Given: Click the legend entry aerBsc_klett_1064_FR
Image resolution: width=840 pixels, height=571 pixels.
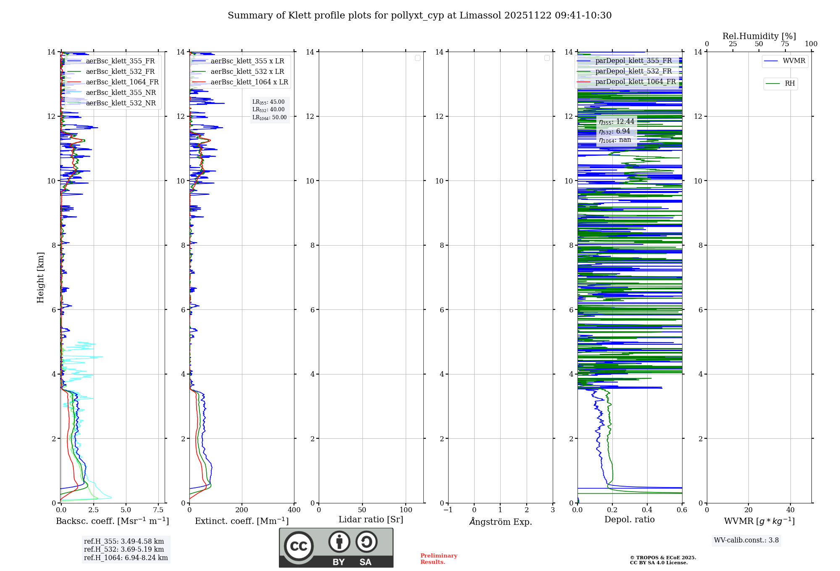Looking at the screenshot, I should pos(122,82).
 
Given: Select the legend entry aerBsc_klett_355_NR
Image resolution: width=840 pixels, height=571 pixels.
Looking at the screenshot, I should pos(121,93).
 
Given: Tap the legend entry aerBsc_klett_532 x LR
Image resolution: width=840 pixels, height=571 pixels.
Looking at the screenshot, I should pos(247,72).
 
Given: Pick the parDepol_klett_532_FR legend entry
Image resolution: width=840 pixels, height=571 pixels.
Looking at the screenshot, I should pos(633,71).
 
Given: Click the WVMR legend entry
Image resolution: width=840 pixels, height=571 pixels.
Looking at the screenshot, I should pos(794,61).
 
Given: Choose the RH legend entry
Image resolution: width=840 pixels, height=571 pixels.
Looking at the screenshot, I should pos(790,84).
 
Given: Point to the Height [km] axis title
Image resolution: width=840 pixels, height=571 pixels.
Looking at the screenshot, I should pos(40,278).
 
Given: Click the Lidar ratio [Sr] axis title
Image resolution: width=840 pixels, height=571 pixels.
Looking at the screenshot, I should pos(371,519).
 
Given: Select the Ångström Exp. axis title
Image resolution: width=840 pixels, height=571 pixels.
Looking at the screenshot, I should pos(501,521).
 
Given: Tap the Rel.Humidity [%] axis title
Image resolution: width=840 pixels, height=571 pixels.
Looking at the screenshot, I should pos(759,36).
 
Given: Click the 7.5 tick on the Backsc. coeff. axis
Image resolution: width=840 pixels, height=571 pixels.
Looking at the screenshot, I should pos(158,510).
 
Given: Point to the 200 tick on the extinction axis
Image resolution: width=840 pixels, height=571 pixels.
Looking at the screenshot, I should pos(242,510).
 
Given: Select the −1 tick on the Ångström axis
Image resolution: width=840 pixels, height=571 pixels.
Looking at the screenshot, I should pos(448,510).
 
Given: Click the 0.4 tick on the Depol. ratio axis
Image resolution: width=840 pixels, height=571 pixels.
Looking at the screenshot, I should pos(647,510).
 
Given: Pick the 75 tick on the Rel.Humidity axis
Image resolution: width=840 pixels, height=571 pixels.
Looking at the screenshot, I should pos(785,44).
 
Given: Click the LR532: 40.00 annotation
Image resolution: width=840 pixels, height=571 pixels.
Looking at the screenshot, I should pos(268,110).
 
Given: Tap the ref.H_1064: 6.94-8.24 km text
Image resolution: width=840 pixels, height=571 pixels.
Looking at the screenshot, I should pos(126,558).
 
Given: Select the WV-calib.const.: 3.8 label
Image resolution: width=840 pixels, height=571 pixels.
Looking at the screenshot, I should pos(746,540).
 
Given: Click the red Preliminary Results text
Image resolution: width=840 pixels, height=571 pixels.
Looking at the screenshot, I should pos(438,559).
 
